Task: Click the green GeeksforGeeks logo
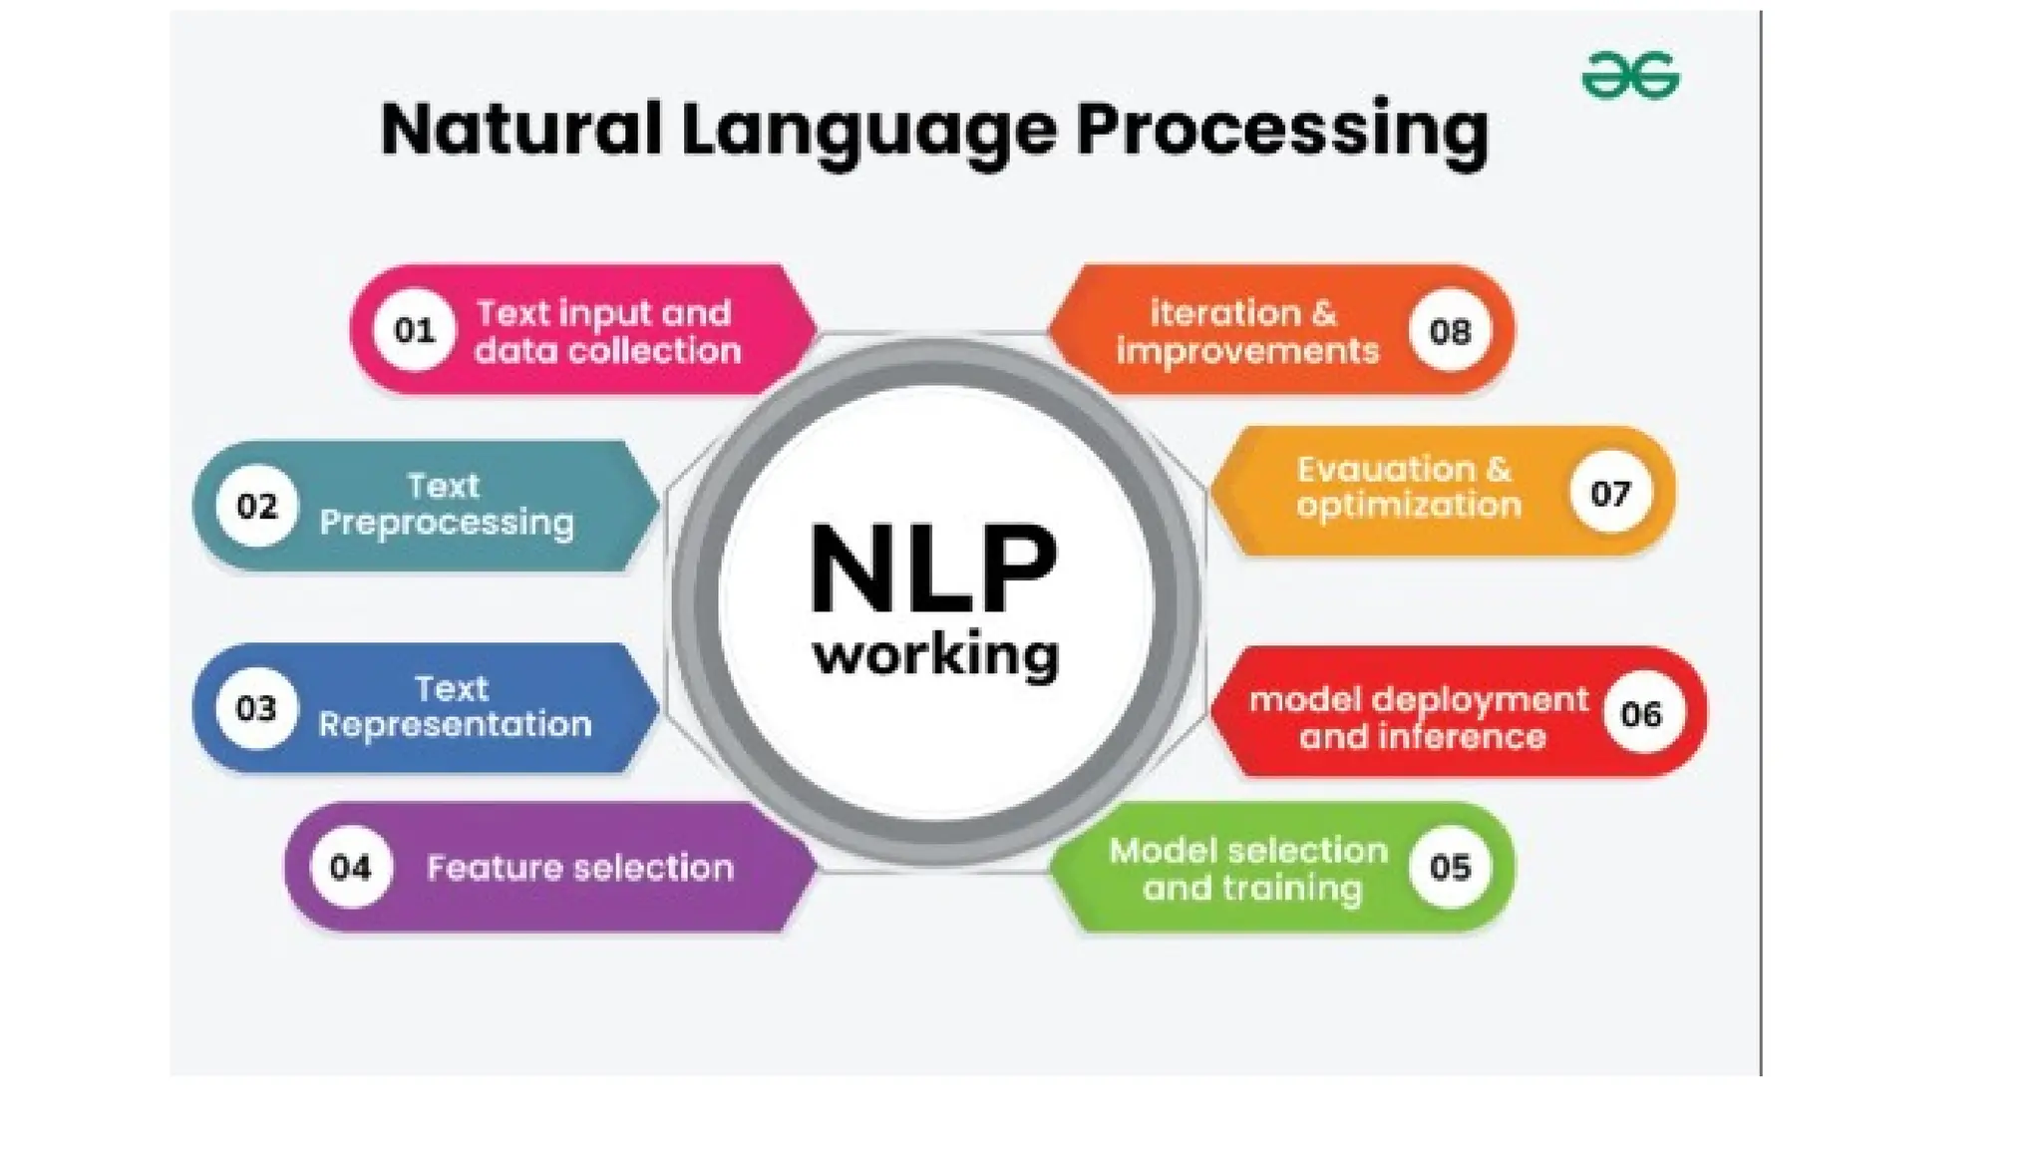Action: pos(1630,76)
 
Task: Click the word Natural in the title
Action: pos(519,130)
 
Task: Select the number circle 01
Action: pos(414,330)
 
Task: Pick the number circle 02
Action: pos(256,507)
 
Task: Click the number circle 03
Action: pos(256,708)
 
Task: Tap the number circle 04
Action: pos(350,867)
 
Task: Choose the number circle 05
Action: pos(1450,867)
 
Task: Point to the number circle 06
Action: pos(1641,714)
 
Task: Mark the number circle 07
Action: pos(1609,493)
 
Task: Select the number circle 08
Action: pos(1450,330)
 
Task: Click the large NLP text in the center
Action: pos(933,569)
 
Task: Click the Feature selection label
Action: pos(580,868)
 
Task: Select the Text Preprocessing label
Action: pos(446,505)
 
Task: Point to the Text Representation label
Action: pos(455,706)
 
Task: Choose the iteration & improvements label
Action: pos(1246,331)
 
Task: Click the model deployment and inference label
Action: pos(1419,717)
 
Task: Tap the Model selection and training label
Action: pos(1249,869)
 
